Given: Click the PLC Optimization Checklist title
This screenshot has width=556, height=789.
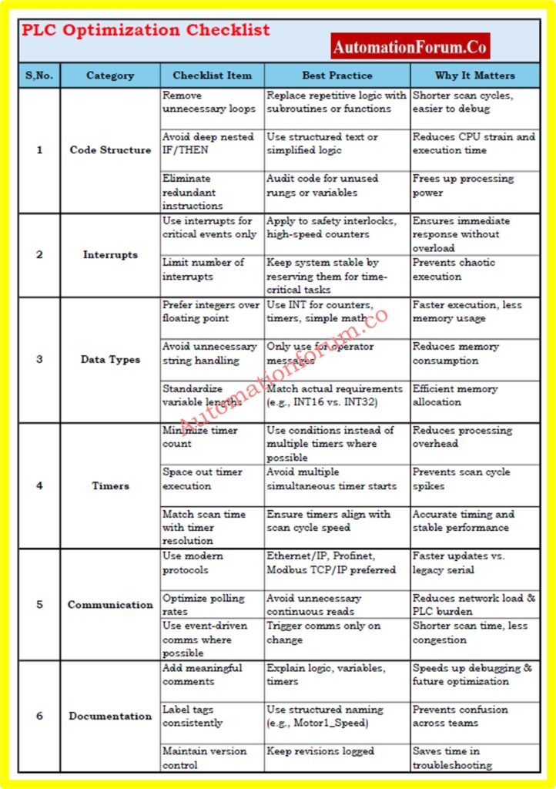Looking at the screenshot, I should (146, 31).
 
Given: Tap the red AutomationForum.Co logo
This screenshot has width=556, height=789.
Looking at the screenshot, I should (410, 47).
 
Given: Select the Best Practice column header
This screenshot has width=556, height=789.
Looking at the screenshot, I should (337, 76).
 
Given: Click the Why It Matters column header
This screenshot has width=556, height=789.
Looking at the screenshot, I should (474, 76).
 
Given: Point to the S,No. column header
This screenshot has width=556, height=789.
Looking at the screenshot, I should (39, 76).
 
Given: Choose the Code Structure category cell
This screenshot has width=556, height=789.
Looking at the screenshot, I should (110, 149).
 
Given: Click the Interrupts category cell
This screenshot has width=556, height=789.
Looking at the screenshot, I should (110, 254).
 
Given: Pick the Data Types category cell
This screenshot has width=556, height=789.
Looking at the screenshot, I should (110, 359).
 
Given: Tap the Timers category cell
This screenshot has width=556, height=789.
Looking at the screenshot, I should (110, 485).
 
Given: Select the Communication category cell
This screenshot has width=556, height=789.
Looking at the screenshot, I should (110, 605).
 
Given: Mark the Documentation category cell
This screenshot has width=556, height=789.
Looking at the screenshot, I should (110, 716).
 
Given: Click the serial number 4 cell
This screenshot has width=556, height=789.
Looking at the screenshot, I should (39, 485).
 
